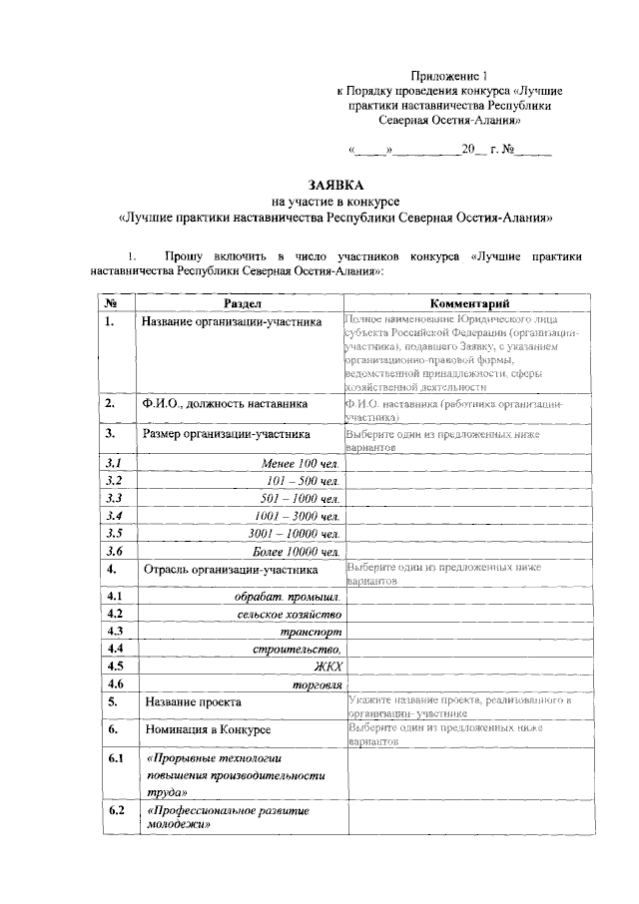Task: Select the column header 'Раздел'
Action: pos(241,302)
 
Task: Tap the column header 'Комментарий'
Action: pos(469,302)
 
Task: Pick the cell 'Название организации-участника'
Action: pos(231,322)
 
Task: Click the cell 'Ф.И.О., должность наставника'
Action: pos(224,404)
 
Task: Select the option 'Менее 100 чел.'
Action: pos(301,465)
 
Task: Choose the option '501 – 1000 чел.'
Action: pos(299,498)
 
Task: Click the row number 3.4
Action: pos(113,516)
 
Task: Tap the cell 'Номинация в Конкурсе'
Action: pos(208,731)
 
